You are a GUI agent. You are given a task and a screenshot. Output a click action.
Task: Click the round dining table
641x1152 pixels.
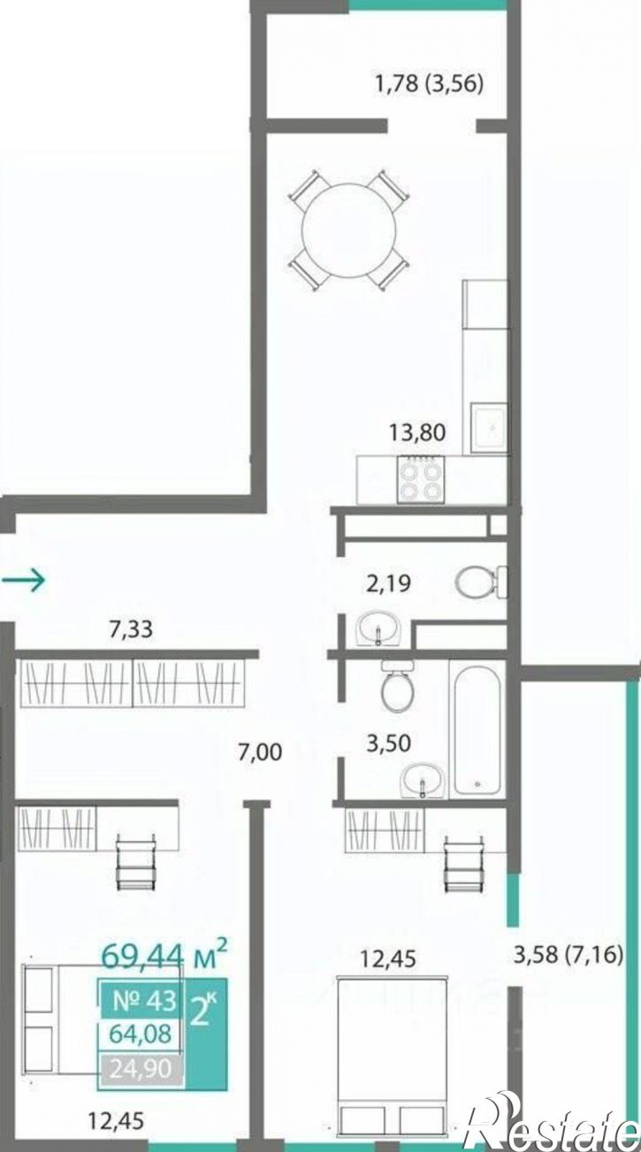click(x=349, y=230)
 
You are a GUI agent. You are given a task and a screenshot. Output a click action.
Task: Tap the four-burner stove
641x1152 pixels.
click(x=420, y=479)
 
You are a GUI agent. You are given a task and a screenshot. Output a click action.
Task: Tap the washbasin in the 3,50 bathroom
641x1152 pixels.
click(x=423, y=935)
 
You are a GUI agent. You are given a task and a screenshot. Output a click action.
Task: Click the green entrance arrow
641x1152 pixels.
click(x=24, y=580)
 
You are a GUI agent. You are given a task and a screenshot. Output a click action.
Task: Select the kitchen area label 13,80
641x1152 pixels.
click(x=417, y=432)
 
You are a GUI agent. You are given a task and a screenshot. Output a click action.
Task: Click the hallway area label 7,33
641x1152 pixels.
click(x=131, y=629)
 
